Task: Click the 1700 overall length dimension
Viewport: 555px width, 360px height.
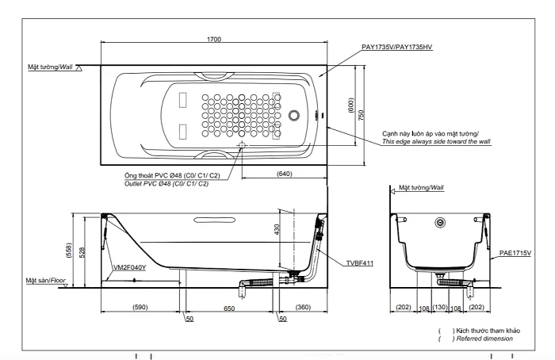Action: point(214,39)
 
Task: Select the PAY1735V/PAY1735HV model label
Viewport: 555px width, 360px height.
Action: point(396,47)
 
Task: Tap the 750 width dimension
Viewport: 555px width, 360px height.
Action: point(361,115)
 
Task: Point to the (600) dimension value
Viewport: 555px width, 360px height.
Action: point(350,105)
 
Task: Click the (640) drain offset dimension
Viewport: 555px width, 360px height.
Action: point(285,174)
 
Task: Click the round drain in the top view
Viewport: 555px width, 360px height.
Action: point(294,115)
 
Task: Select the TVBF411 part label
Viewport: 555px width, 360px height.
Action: point(360,263)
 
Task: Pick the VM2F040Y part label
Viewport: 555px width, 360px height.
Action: point(129,267)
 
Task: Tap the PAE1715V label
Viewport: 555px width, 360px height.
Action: point(515,253)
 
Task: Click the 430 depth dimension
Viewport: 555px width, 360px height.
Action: point(277,229)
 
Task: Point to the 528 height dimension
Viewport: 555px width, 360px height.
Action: point(82,252)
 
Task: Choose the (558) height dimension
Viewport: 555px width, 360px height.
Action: point(69,251)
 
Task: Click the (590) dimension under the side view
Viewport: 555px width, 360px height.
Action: point(140,307)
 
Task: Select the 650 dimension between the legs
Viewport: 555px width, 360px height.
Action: point(229,308)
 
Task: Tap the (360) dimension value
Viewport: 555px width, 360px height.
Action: point(303,307)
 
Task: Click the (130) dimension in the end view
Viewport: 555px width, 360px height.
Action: point(440,307)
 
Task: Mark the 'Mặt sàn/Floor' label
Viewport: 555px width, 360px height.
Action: point(45,281)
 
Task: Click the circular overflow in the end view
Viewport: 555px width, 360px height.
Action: point(440,222)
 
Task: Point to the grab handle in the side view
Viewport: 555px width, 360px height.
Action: point(215,220)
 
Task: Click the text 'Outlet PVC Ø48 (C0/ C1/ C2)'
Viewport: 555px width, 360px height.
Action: point(166,184)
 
